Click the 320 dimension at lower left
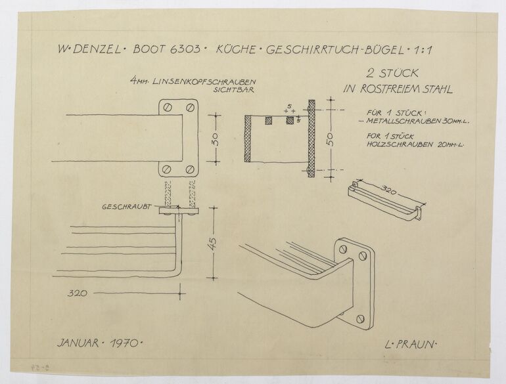pyautogui.click(x=78, y=294)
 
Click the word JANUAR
pyautogui.click(x=80, y=343)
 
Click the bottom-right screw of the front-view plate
pyautogui.click(x=190, y=169)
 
